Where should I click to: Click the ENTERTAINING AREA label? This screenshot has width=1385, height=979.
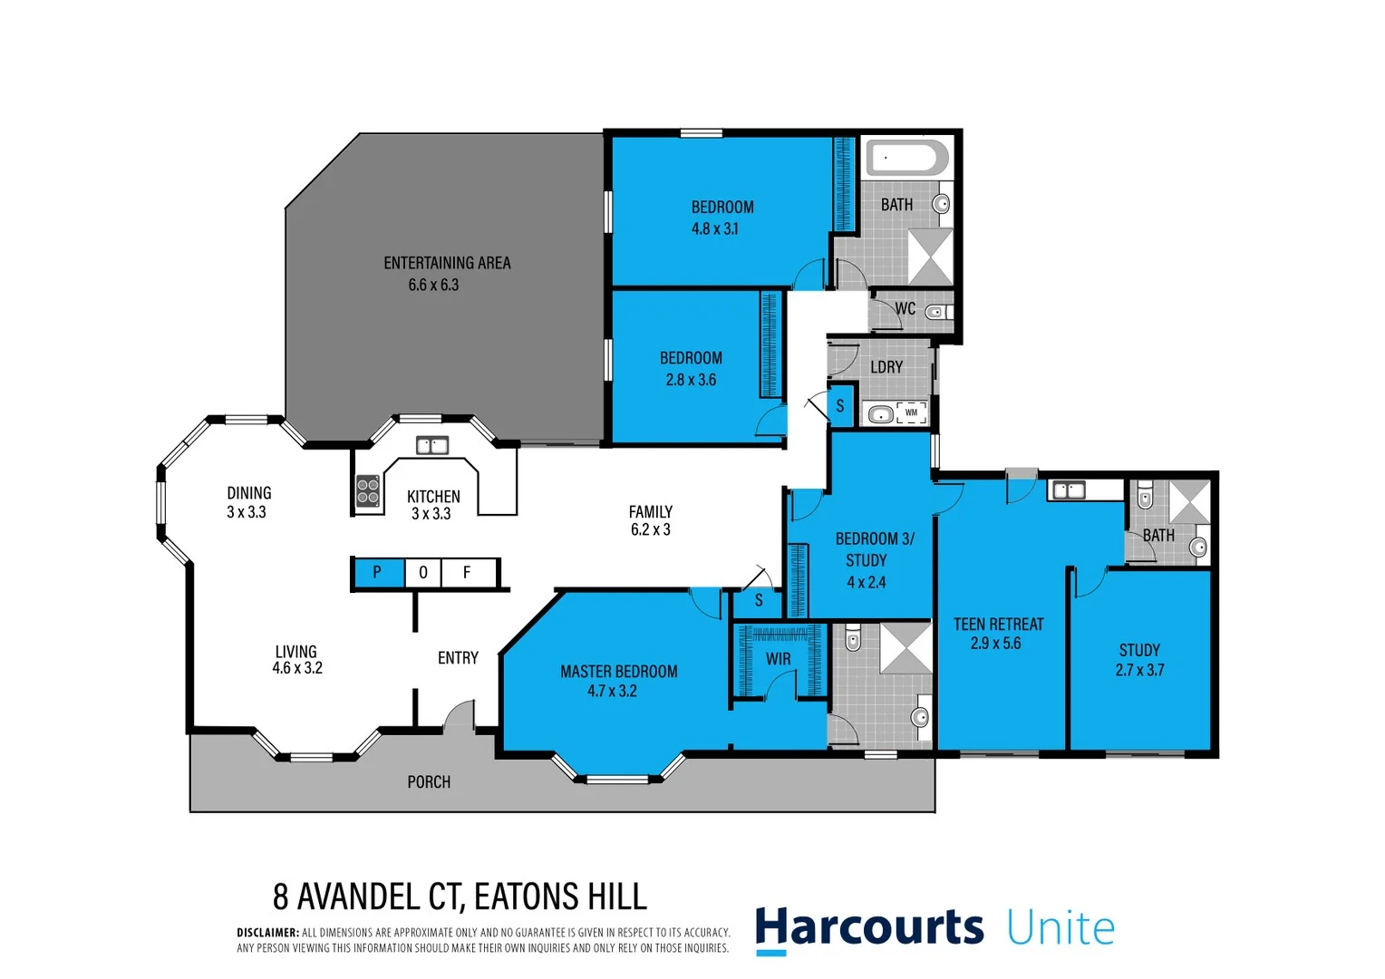coord(447,263)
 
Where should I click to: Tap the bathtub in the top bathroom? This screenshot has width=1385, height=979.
coord(907,158)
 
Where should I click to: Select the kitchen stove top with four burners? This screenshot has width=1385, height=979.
coord(367,490)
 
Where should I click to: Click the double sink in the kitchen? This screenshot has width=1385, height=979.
coord(432,445)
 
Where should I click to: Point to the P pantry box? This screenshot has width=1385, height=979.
coord(377,573)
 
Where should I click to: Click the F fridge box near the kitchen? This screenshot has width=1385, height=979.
coord(468,573)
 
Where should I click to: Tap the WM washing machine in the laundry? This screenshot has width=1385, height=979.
coord(911,413)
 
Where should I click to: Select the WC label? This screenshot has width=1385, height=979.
coord(905,309)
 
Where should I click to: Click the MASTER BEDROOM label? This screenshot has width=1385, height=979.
coord(618,672)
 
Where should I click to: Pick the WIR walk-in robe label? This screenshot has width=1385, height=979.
coord(778,659)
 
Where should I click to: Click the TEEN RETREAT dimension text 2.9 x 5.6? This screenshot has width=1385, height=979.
coord(995,644)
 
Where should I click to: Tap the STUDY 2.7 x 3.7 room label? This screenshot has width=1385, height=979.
coord(1139,660)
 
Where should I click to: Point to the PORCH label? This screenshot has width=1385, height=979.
coord(429,781)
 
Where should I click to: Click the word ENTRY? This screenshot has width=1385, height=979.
coord(458,658)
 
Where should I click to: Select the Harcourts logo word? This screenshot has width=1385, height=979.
coord(869,927)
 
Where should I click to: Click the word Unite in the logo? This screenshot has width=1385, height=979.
coord(1061,928)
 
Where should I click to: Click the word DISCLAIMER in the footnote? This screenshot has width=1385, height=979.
coord(267,933)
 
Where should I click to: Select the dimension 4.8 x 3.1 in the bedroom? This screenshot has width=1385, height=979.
coord(715,229)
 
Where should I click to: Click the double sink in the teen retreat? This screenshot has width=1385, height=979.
coord(1068,490)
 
